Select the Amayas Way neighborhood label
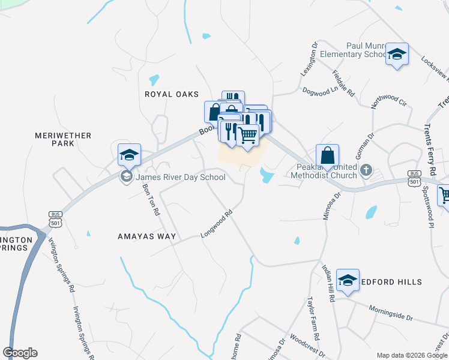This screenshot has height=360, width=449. [x=146, y=236]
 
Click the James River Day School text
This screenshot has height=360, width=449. [x=181, y=177]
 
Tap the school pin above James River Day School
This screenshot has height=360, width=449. [x=129, y=156]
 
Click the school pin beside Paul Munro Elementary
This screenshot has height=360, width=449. [x=397, y=55]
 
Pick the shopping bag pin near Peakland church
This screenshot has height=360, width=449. [x=327, y=156]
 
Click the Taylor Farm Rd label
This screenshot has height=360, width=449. [x=313, y=317]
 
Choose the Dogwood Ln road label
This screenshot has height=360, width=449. [x=321, y=91]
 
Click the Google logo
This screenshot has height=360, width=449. [x=20, y=353]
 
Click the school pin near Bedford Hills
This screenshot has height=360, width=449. [x=348, y=281]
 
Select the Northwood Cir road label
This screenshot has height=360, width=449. [x=388, y=97]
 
